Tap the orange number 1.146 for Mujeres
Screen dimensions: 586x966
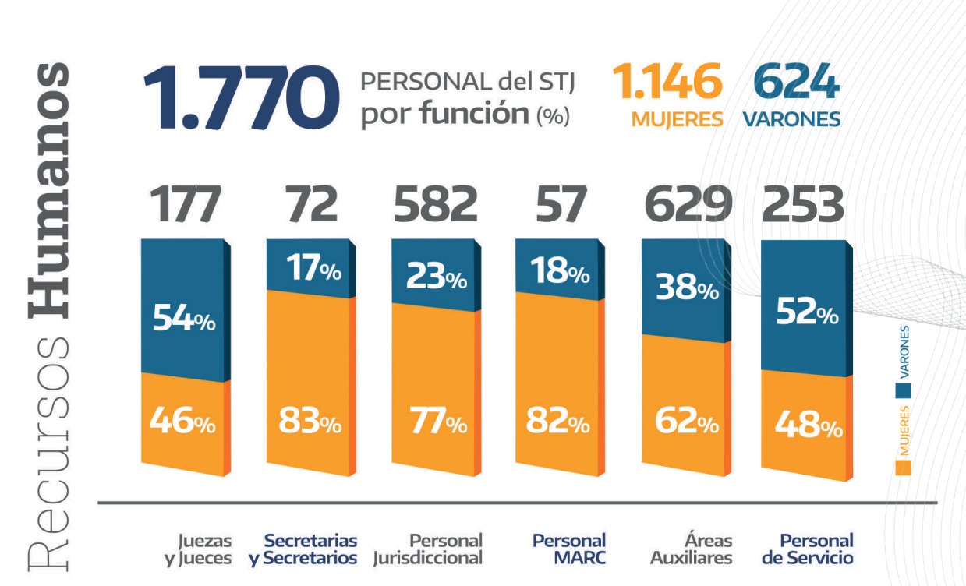(666, 83)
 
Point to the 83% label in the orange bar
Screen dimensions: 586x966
(310, 425)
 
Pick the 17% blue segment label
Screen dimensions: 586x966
(310, 271)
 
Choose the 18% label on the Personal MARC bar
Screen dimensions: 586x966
(559, 274)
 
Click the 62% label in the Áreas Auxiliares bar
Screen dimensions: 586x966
(686, 425)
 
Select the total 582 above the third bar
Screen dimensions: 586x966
(435, 205)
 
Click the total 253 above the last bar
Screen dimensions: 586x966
(803, 205)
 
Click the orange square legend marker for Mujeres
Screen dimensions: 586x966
(904, 467)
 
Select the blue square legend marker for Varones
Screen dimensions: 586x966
(904, 389)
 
